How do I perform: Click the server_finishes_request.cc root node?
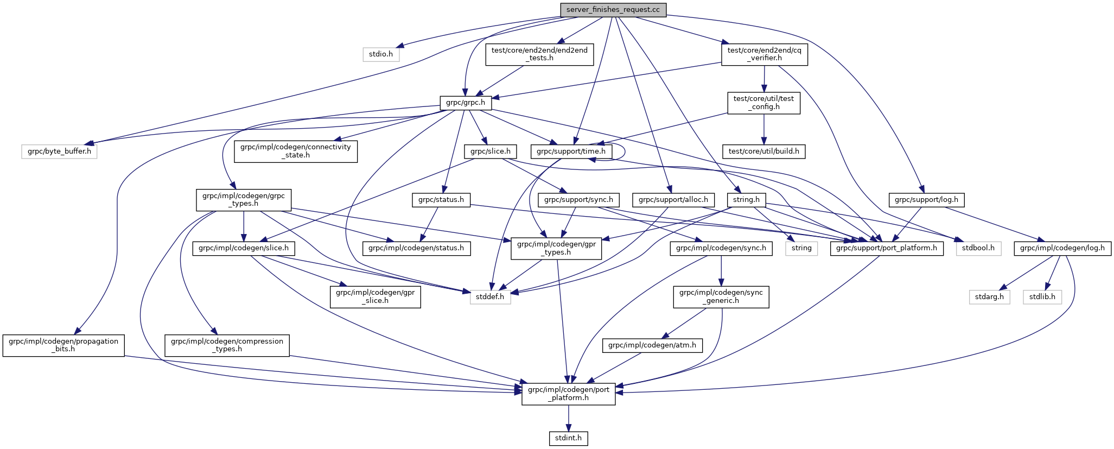point(613,10)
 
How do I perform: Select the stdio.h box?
point(381,54)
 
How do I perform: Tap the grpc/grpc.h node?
point(466,102)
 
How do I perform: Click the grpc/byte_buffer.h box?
point(60,151)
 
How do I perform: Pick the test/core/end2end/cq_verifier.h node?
point(765,54)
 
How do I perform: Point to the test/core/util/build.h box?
point(764,151)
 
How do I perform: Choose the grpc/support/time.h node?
point(571,151)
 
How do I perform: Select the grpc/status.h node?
point(441,200)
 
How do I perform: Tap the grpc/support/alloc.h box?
point(673,200)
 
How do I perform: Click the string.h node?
point(746,200)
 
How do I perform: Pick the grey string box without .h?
point(801,249)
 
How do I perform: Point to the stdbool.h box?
point(978,249)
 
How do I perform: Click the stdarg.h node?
point(989,297)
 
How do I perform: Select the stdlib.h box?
point(1042,297)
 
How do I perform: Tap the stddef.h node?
point(491,297)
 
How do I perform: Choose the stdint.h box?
point(568,438)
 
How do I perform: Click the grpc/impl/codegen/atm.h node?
point(652,345)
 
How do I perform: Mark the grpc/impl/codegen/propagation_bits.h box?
point(63,345)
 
